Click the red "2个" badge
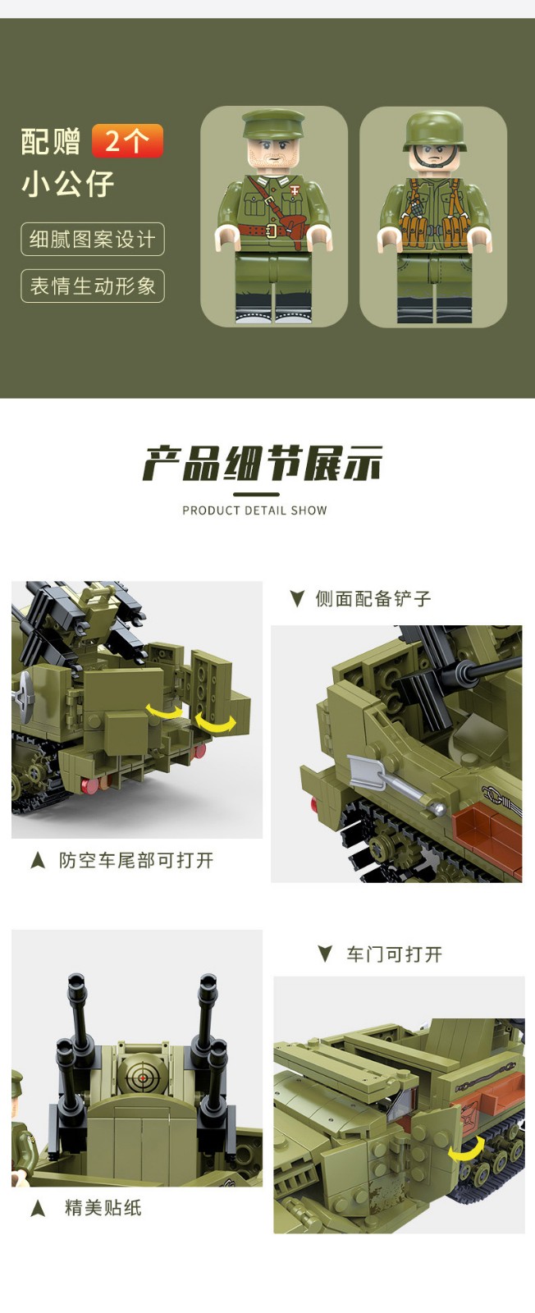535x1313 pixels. click(127, 140)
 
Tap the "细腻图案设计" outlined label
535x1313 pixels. click(93, 239)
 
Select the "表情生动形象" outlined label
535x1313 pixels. click(93, 286)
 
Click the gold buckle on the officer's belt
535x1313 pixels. click(272, 231)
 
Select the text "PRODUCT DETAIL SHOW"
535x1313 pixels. click(254, 510)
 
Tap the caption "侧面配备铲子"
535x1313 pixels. click(373, 598)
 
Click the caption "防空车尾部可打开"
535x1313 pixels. click(136, 861)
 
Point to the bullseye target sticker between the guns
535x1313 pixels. click(140, 1076)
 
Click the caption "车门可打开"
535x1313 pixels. click(395, 954)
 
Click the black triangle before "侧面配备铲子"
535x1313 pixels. click(298, 598)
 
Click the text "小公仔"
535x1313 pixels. click(68, 184)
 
